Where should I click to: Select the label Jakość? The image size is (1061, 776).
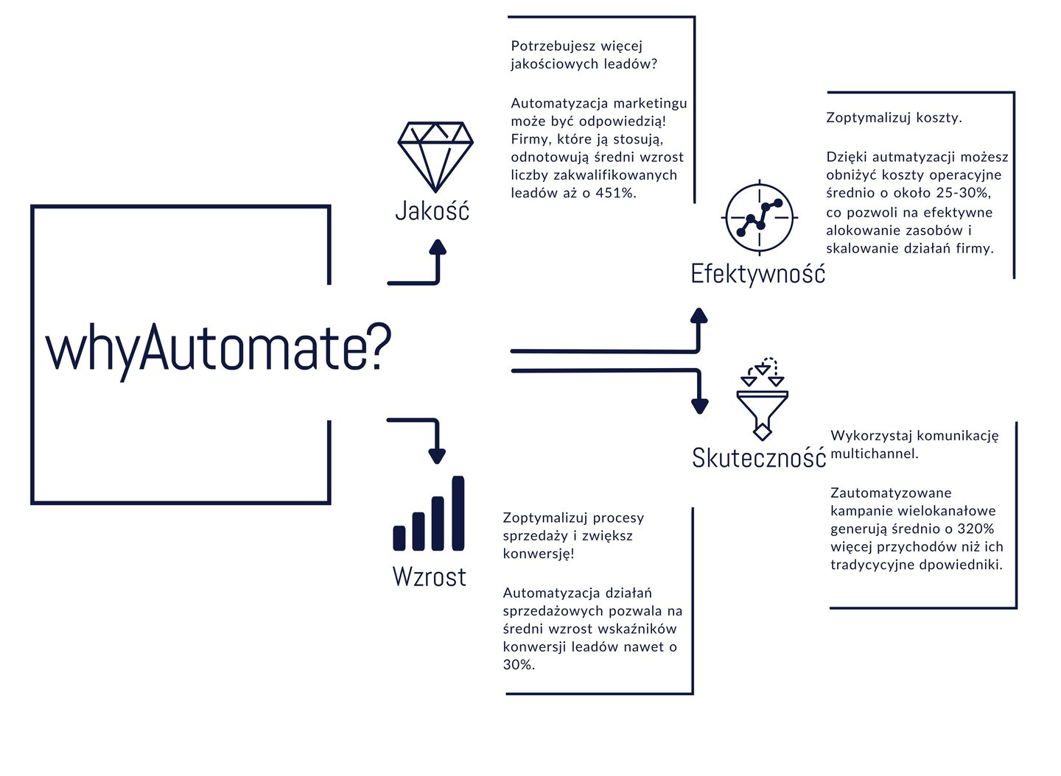point(432,211)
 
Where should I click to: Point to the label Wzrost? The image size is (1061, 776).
point(429,576)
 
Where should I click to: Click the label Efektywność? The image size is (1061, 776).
point(757,274)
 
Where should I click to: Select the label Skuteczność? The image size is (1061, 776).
point(758,458)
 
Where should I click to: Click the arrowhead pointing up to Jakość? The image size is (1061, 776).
point(438,247)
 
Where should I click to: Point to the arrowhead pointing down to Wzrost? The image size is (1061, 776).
point(437,455)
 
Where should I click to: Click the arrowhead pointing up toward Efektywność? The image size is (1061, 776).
point(698,317)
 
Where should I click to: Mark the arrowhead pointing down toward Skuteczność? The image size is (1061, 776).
point(699,405)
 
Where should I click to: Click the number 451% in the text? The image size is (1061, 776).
point(616,194)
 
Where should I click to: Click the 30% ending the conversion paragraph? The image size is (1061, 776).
point(518,665)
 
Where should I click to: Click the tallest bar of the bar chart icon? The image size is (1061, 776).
point(458,513)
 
